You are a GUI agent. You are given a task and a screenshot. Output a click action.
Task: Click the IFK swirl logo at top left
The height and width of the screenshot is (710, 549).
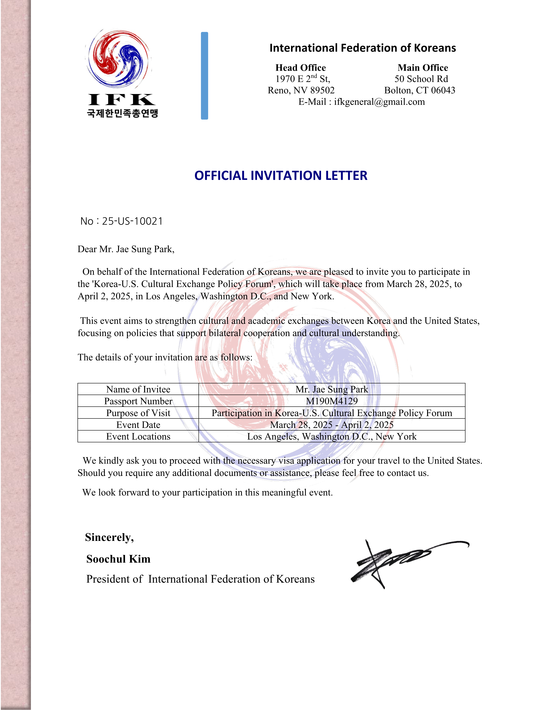tap(119, 59)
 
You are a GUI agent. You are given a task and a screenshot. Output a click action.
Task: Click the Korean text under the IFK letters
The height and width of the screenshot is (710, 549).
tap(122, 113)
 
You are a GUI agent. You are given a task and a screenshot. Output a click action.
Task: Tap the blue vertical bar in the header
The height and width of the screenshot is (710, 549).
tap(204, 76)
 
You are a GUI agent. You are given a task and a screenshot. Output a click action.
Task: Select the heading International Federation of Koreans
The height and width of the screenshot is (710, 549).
tap(362, 48)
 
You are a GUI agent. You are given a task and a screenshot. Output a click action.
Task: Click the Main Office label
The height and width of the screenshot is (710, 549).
tap(422, 68)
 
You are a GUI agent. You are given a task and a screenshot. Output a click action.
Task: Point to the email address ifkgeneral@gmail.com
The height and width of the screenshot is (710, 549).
tap(379, 102)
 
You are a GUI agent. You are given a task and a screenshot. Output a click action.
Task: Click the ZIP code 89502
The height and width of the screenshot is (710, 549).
tap(322, 90)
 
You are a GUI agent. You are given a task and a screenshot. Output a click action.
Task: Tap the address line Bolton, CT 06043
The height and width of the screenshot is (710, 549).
tap(420, 90)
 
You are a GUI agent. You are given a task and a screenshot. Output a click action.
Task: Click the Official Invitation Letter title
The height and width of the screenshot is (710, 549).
tap(281, 176)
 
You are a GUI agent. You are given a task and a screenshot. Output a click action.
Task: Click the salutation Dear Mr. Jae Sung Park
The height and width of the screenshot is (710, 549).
tap(126, 249)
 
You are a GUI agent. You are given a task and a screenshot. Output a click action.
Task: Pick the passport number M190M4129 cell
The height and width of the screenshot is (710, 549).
tap(332, 401)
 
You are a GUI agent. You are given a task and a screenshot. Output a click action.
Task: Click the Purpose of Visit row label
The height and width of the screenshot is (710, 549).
tap(138, 413)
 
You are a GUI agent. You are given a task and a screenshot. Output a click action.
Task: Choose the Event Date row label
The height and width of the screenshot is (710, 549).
tap(138, 424)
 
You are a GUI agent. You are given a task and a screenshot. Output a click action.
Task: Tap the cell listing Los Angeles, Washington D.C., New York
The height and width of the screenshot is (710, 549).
tap(332, 436)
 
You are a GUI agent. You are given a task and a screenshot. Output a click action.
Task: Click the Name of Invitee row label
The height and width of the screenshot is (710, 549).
tap(138, 389)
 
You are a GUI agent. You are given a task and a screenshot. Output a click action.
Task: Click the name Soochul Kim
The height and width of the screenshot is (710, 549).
tap(118, 559)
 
